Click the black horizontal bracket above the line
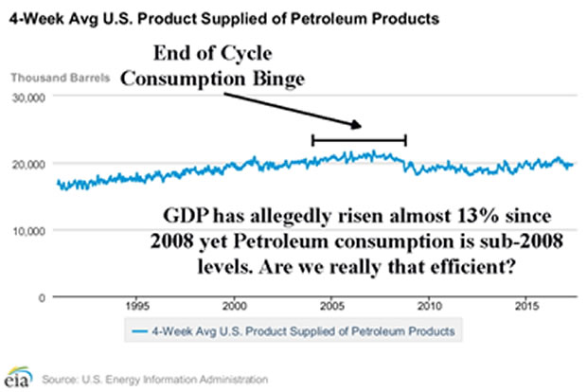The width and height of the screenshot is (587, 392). click(359, 140)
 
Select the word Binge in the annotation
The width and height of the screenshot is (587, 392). click(275, 81)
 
